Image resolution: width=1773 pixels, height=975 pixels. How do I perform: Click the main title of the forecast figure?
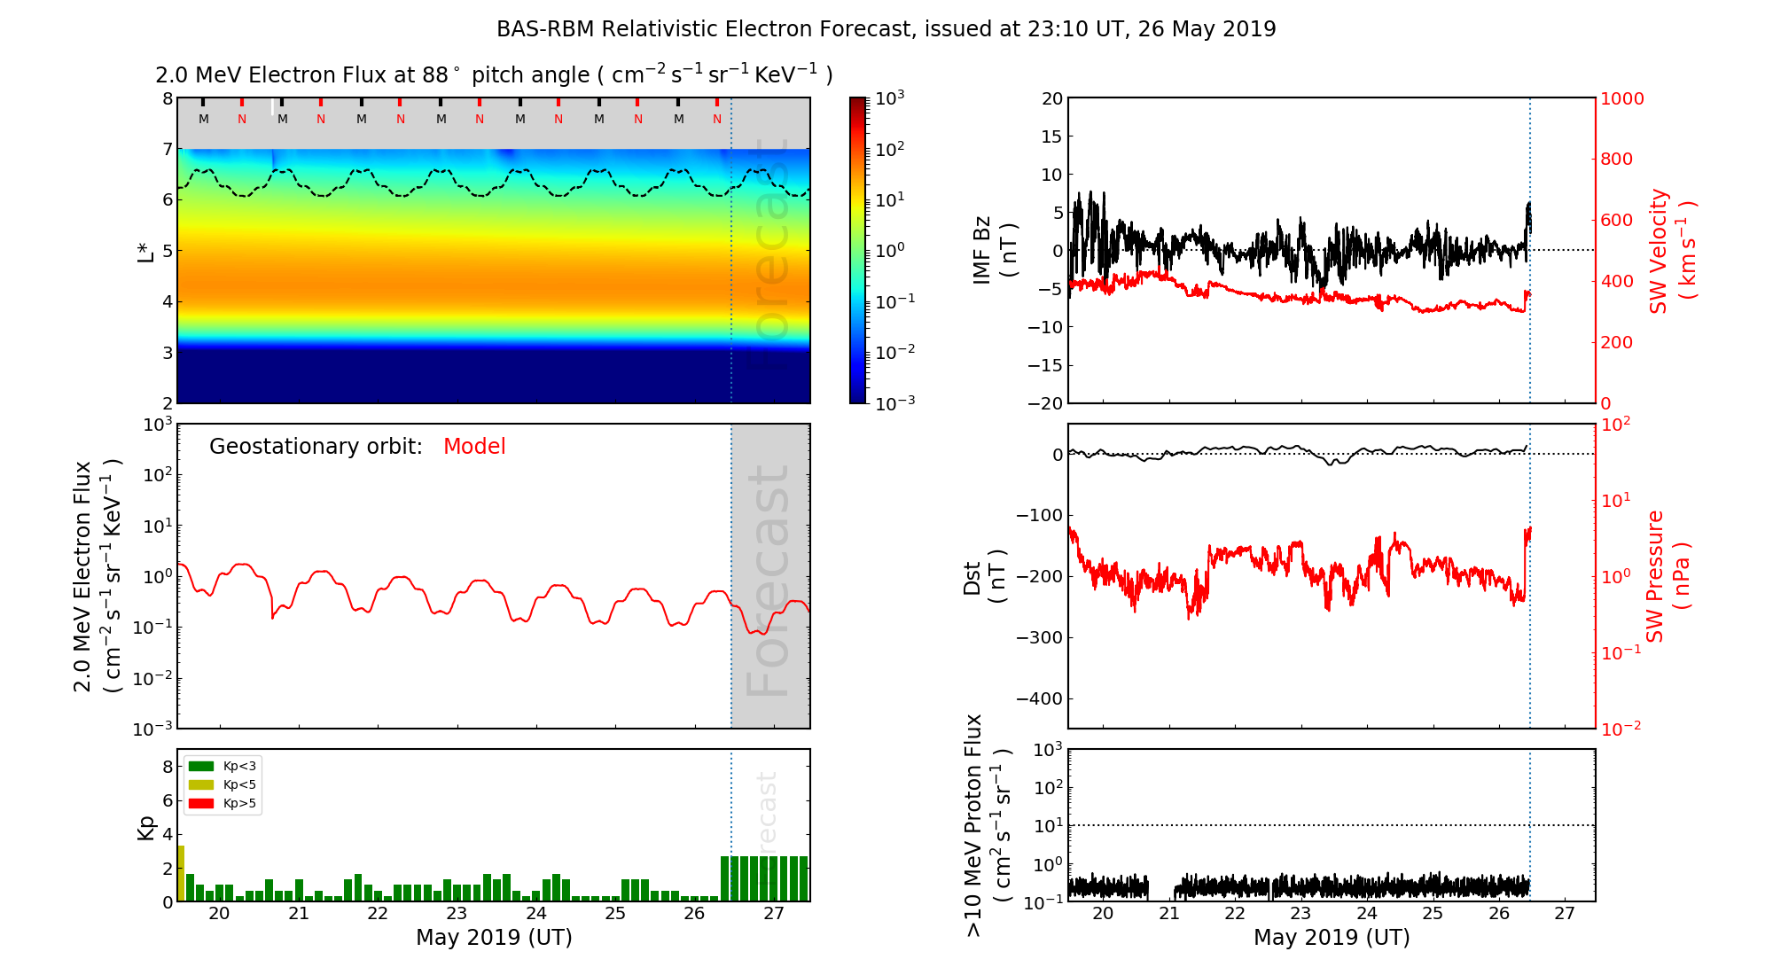click(x=886, y=29)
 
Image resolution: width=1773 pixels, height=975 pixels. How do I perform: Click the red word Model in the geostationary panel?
click(x=474, y=447)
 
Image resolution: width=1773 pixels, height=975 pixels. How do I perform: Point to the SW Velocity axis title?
click(x=1671, y=251)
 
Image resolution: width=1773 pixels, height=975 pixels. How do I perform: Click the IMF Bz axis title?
click(x=995, y=251)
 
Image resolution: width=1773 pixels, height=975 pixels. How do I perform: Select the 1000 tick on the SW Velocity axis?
click(x=1621, y=98)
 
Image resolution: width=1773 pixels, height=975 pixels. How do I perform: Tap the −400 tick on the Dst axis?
click(x=1039, y=698)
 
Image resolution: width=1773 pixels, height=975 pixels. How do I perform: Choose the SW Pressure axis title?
click(x=1668, y=576)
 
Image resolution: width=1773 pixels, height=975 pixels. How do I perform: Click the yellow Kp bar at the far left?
click(x=181, y=873)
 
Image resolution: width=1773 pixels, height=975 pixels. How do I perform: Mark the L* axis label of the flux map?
click(x=145, y=251)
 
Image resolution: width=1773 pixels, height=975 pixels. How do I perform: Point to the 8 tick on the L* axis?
click(x=167, y=98)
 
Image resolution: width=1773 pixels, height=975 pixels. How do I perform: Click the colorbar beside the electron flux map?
click(x=858, y=250)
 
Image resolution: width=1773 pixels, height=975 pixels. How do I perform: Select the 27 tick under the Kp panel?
click(x=774, y=914)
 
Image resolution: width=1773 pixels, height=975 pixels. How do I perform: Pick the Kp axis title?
click(x=146, y=827)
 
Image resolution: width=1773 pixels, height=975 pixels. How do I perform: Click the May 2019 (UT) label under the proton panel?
click(x=1332, y=938)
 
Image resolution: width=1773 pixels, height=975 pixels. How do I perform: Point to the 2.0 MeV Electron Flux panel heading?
click(x=494, y=75)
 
